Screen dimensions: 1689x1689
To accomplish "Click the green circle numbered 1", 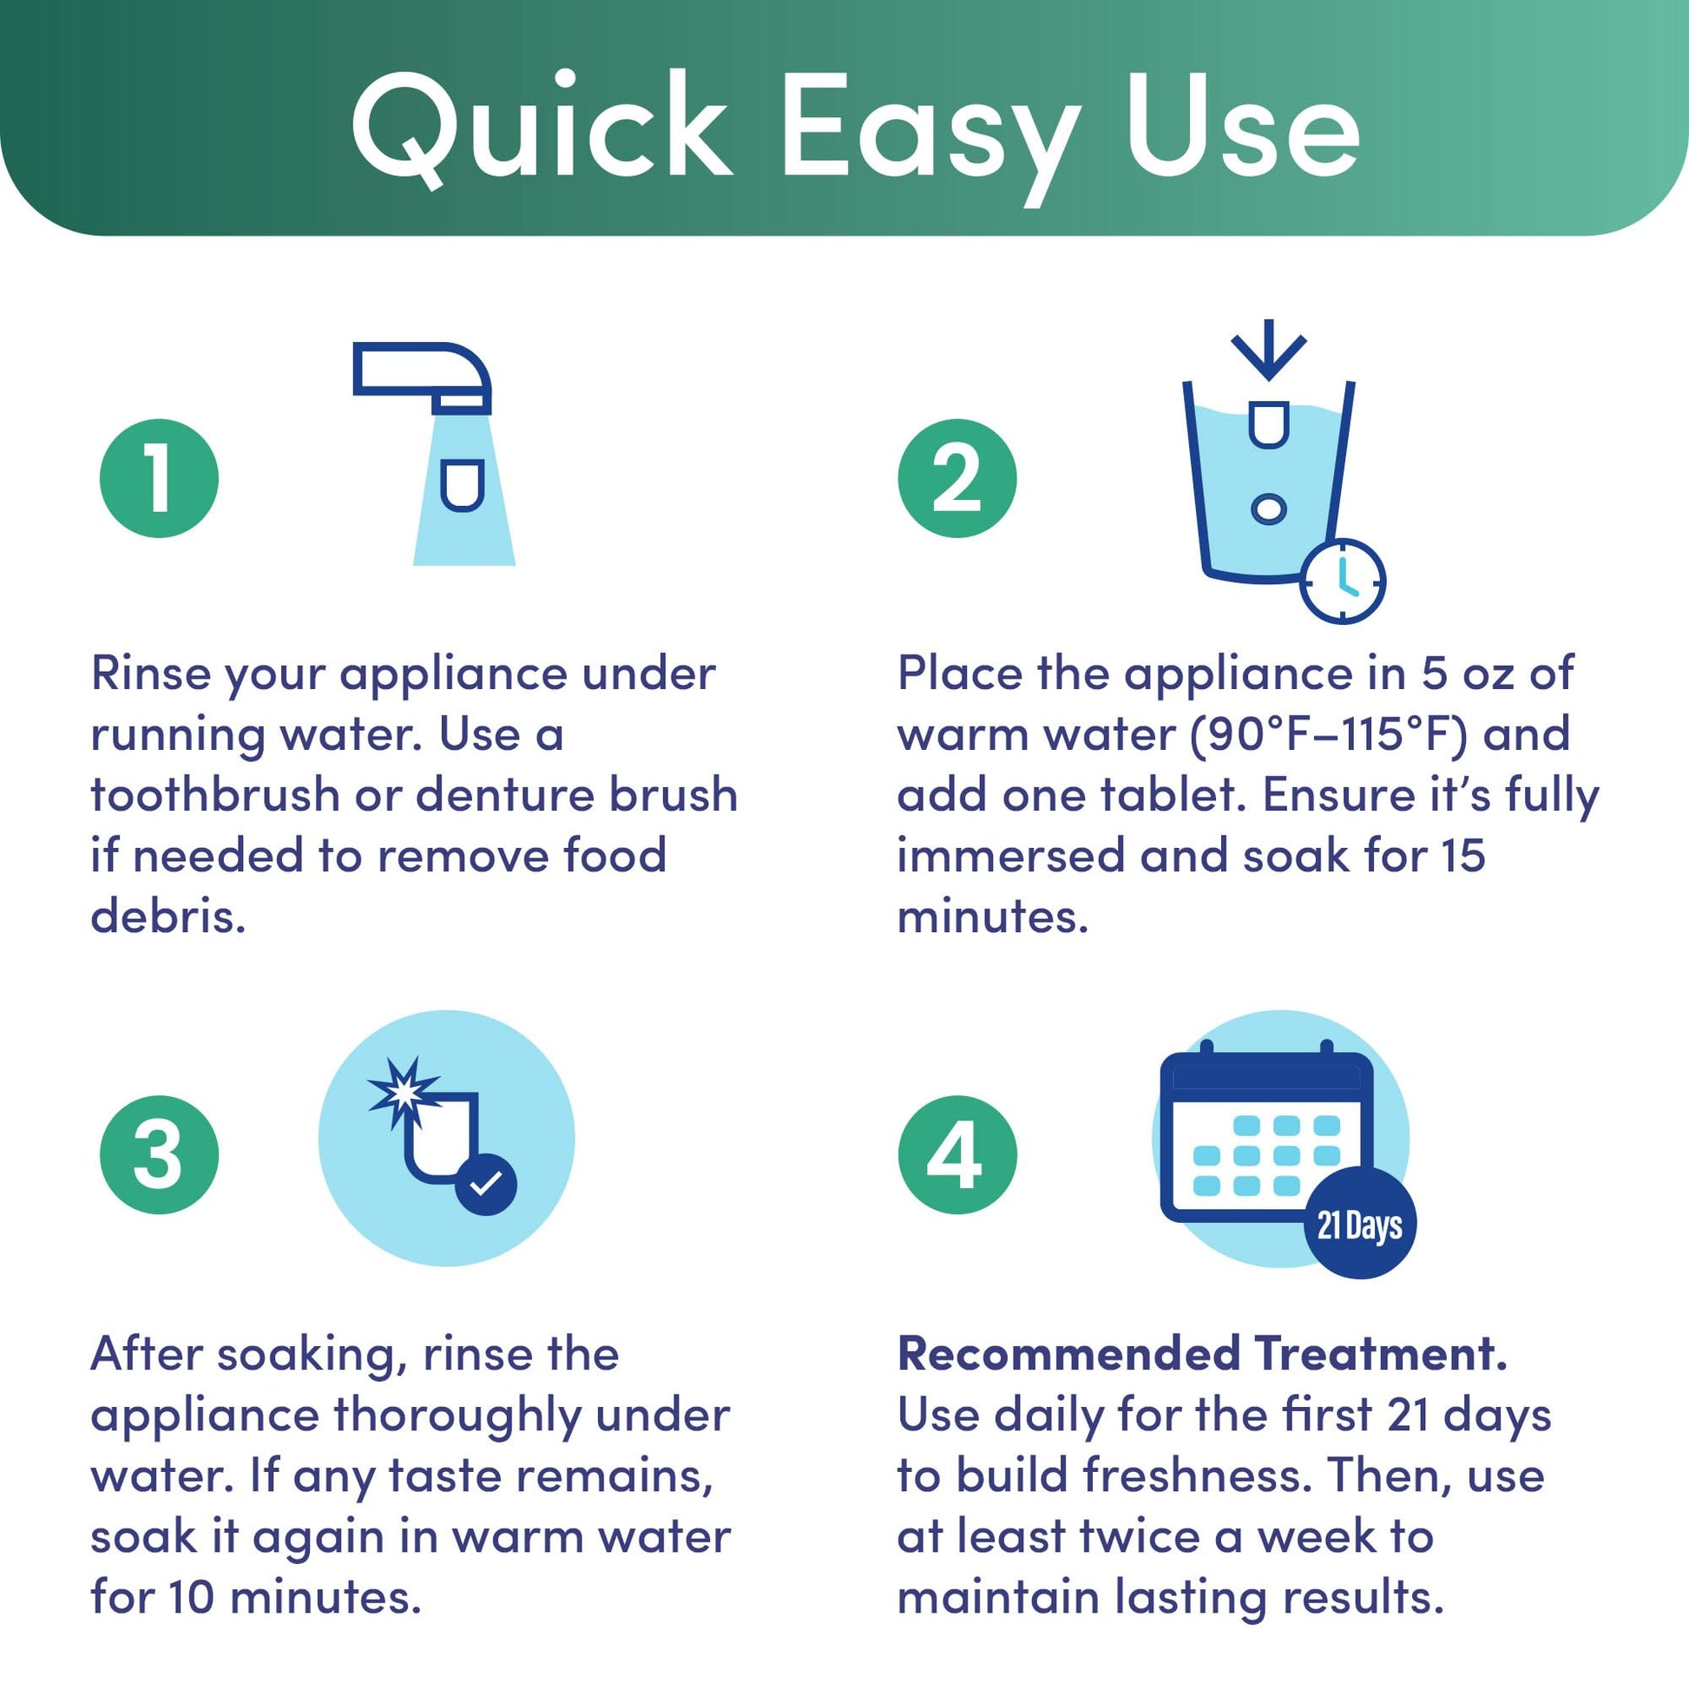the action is [x=159, y=478].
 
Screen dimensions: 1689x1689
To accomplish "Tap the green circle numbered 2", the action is [x=957, y=478].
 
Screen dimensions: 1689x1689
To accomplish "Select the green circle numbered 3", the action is [x=159, y=1155].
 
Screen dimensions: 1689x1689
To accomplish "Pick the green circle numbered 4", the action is [x=957, y=1155].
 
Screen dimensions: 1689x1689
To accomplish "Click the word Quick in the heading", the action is [x=541, y=128].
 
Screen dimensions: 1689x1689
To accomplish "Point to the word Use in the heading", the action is [x=1243, y=126].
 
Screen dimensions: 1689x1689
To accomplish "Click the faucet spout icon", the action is [x=422, y=377].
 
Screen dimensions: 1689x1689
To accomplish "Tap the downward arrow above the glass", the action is [x=1269, y=350].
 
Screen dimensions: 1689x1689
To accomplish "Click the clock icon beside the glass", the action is [x=1342, y=582].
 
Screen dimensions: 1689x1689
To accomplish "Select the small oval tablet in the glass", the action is [x=1268, y=508].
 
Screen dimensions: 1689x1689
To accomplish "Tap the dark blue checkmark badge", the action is [x=485, y=1185].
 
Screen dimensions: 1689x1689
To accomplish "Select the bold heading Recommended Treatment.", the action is [x=1203, y=1353].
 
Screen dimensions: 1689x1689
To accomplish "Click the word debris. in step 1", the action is [x=168, y=917].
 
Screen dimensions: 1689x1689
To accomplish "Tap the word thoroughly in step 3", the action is [x=457, y=1416].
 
